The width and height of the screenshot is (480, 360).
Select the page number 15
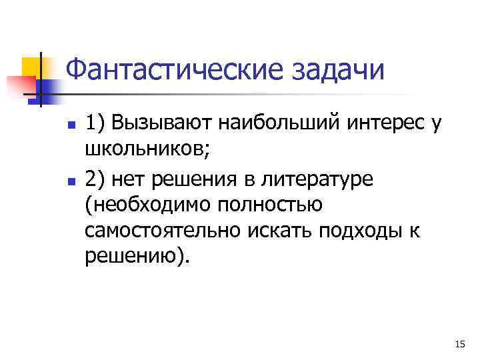click(x=459, y=344)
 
